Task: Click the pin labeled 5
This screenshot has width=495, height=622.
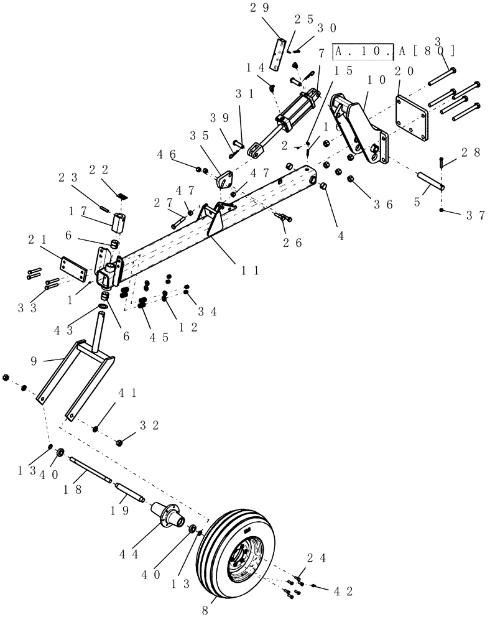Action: click(x=430, y=181)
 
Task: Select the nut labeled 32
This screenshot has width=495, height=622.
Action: click(x=121, y=442)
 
